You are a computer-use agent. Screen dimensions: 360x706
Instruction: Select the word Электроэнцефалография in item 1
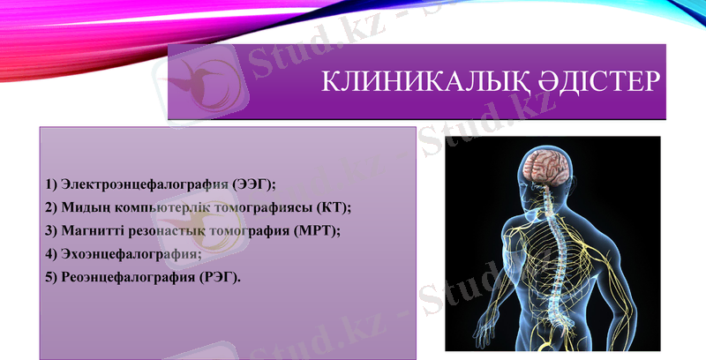click(145, 184)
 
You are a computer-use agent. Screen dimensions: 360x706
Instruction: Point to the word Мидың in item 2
click(83, 207)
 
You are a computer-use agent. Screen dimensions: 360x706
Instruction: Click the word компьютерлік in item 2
click(154, 207)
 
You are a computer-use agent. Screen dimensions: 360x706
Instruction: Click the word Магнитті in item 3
click(93, 230)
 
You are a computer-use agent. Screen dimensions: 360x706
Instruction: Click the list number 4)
click(50, 253)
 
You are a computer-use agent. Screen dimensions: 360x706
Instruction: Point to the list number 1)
click(50, 184)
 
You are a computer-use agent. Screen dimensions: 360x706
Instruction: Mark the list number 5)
click(50, 276)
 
